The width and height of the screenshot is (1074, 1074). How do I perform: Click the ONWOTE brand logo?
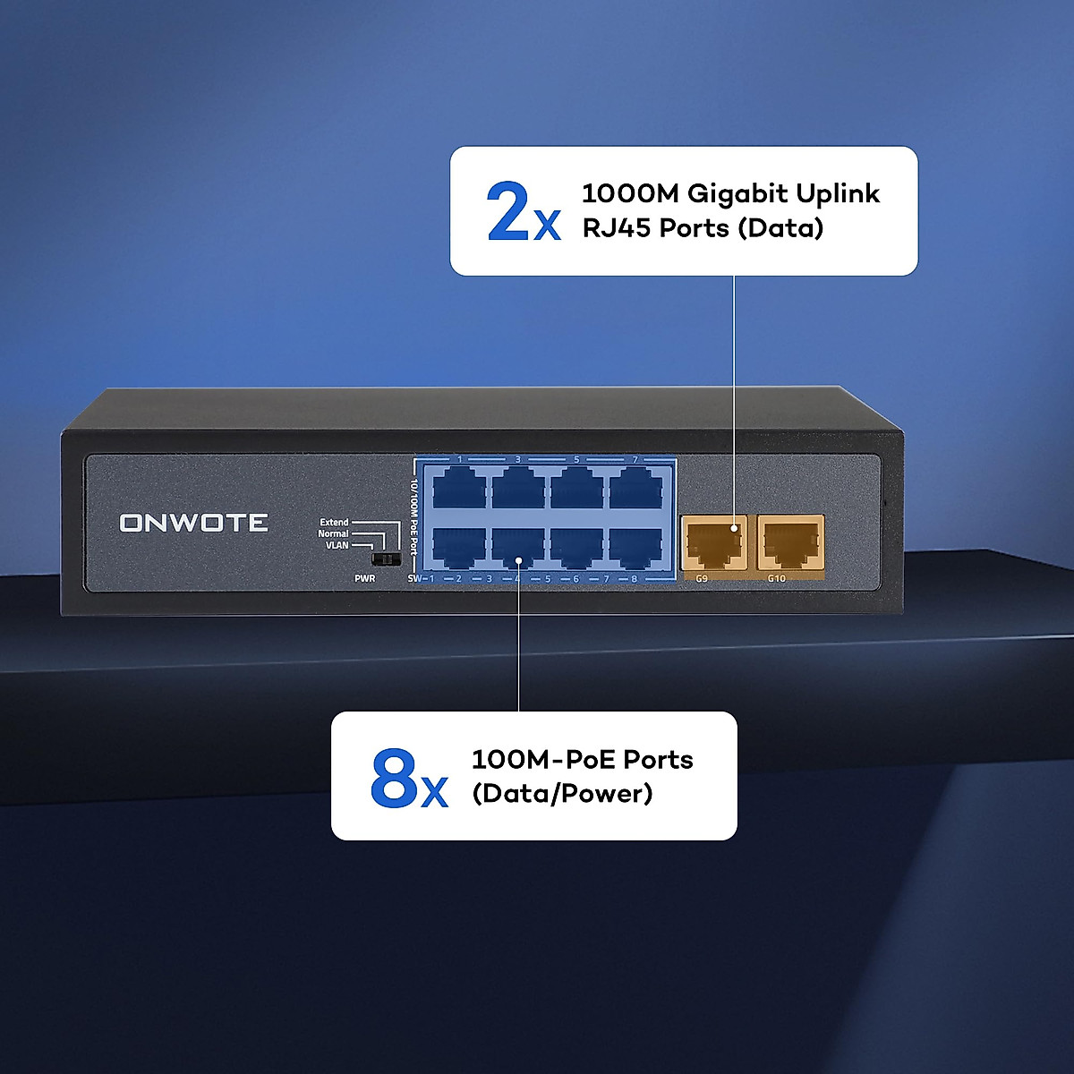coord(193,523)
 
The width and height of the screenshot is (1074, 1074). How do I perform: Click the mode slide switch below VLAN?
coord(386,559)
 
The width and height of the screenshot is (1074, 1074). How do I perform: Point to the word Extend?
coord(334,523)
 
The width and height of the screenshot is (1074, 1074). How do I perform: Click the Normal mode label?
coord(333,534)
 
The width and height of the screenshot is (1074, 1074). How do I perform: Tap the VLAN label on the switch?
coord(337,545)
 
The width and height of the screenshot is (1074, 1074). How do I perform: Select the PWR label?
coord(364,579)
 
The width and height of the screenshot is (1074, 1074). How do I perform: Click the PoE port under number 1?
coord(459,490)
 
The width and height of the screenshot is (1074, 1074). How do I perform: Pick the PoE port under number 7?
coord(635,490)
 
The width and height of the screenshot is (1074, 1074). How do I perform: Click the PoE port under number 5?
coord(576,490)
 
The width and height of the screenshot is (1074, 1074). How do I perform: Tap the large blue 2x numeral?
coord(523,212)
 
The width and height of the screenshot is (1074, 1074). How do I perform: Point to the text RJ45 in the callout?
coord(617,228)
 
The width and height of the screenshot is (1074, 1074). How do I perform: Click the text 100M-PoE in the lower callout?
coord(543,760)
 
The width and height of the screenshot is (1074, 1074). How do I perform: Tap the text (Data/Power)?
coord(562,794)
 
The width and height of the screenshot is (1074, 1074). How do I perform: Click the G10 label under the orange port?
coord(776,579)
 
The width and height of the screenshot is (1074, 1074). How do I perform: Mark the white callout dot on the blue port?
coord(519,560)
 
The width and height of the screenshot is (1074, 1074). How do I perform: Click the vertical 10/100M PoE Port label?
coord(414,517)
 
